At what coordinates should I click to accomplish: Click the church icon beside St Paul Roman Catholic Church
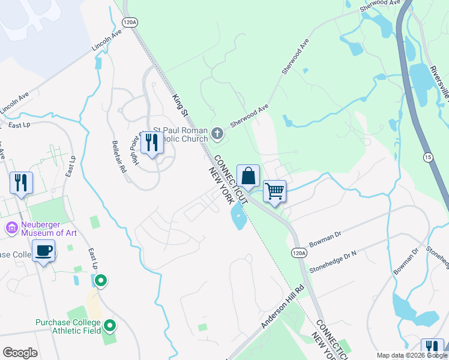(217, 133)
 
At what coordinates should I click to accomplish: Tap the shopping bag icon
(248, 176)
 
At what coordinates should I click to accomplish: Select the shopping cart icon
(274, 191)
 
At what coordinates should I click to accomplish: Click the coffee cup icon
(43, 251)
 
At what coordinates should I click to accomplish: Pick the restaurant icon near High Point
(151, 143)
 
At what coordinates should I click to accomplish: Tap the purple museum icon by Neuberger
(11, 228)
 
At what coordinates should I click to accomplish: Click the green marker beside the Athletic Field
(110, 326)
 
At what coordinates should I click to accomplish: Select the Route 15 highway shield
(427, 157)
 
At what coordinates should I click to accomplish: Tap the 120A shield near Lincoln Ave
(129, 22)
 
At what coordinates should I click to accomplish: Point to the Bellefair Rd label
(119, 157)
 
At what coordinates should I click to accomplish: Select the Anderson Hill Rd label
(283, 306)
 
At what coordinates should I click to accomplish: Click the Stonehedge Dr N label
(333, 262)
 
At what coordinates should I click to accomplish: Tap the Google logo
(20, 353)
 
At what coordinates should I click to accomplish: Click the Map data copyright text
(412, 355)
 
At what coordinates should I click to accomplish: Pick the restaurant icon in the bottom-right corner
(432, 348)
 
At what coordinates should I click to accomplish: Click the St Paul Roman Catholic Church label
(180, 135)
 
